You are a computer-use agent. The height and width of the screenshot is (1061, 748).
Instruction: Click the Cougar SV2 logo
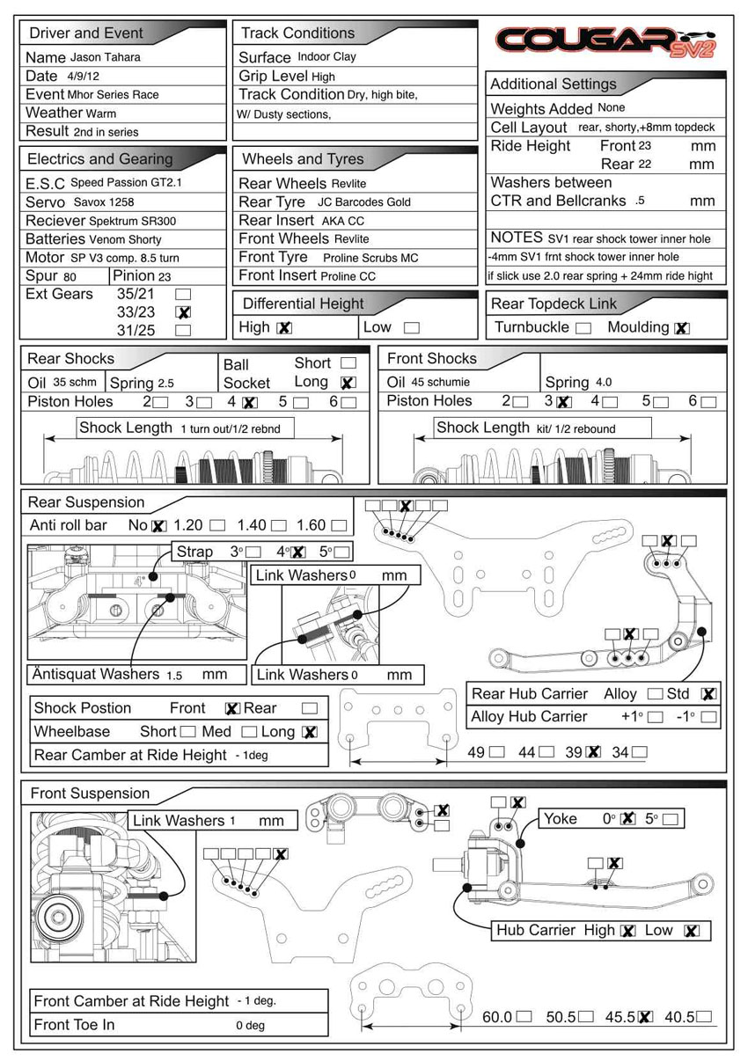pos(606,40)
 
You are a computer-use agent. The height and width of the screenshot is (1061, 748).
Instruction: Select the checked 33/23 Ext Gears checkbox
pos(184,312)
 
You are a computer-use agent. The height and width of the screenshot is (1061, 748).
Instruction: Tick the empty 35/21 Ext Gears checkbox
pos(184,294)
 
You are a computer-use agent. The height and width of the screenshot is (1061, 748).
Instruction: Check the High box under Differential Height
pos(283,328)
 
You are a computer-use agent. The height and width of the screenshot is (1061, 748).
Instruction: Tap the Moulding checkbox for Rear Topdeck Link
pos(681,328)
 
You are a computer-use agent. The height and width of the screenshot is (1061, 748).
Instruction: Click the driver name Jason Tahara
pos(106,57)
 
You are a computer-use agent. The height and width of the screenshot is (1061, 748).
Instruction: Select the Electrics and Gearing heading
pos(100,159)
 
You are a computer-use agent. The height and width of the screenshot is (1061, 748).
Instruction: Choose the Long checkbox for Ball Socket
pos(348,383)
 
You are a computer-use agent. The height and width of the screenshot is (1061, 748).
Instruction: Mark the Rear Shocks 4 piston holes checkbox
pos(249,403)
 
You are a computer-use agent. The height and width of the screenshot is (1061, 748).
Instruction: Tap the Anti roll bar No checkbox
pos(158,526)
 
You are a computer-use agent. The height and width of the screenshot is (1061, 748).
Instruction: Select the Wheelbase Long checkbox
pos(309,732)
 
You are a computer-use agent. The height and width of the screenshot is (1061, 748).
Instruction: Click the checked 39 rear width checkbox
pos(593,752)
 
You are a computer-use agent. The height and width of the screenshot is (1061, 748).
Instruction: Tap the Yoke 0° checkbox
pos(627,819)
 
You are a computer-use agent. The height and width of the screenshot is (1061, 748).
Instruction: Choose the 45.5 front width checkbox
pos(644,1017)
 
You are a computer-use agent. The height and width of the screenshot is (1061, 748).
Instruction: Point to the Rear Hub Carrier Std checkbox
pos(708,694)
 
